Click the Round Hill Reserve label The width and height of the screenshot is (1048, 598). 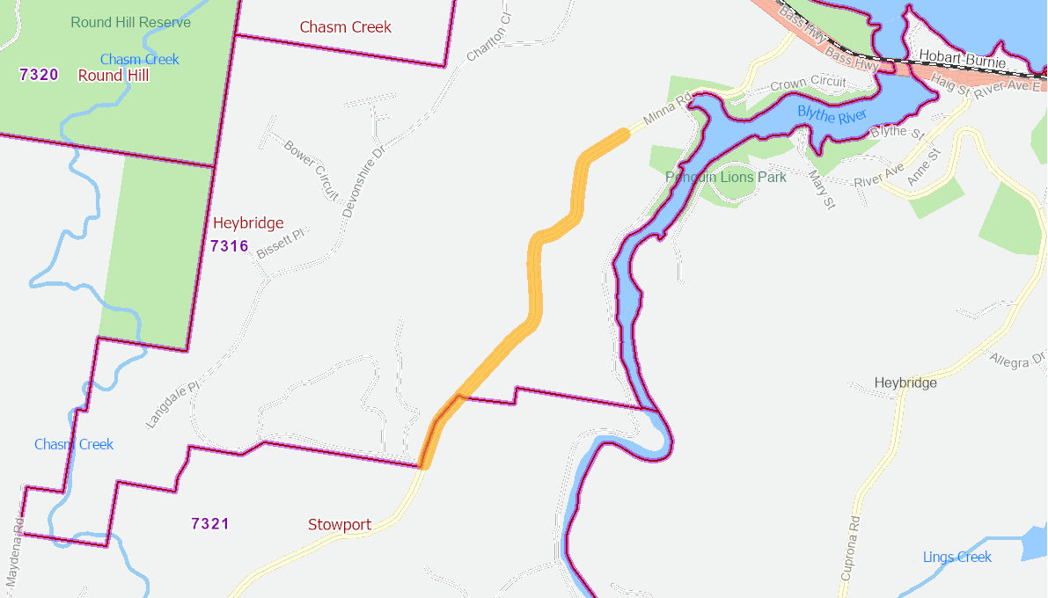pyautogui.click(x=130, y=22)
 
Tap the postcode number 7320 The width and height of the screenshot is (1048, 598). pyautogui.click(x=39, y=75)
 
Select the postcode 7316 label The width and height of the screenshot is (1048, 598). pyautogui.click(x=229, y=246)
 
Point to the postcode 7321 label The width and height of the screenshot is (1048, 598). pyautogui.click(x=209, y=524)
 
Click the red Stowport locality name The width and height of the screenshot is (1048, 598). pyautogui.click(x=339, y=525)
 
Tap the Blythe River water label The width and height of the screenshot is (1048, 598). pyautogui.click(x=832, y=113)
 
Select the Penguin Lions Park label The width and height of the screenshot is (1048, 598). pyautogui.click(x=725, y=177)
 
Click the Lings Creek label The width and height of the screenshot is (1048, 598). pyautogui.click(x=956, y=557)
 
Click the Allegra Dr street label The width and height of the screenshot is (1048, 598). pyautogui.click(x=1017, y=360)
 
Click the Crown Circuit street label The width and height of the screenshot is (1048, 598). pyautogui.click(x=807, y=84)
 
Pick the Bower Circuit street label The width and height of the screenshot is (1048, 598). pyautogui.click(x=311, y=170)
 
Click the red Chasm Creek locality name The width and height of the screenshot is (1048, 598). pyautogui.click(x=345, y=27)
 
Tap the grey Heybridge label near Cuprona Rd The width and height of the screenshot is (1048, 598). pyautogui.click(x=905, y=383)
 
